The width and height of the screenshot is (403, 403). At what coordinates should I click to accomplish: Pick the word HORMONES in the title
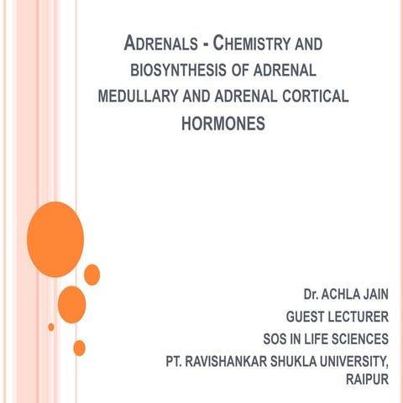(x=223, y=124)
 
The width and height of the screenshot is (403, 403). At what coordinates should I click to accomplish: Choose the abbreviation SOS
(x=275, y=339)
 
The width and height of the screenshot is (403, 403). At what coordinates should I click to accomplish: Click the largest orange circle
(x=55, y=228)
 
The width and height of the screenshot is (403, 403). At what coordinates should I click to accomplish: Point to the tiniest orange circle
(x=51, y=327)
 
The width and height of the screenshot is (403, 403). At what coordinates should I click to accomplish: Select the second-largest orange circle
(x=71, y=303)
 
